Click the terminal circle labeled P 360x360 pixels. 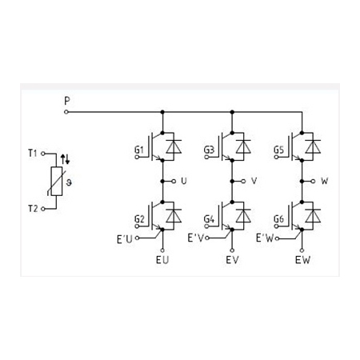click(x=66, y=112)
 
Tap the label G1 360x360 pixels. click(x=139, y=150)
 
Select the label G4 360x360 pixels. click(x=209, y=219)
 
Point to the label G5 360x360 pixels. click(x=278, y=150)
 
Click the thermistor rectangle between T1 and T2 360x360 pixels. click(x=57, y=182)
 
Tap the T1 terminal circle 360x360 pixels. click(x=42, y=154)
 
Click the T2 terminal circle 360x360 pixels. click(x=42, y=209)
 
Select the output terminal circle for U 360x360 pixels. click(x=174, y=182)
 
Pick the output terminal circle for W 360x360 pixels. click(x=314, y=182)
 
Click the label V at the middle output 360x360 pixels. click(x=254, y=181)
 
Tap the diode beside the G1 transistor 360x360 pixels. click(x=174, y=146)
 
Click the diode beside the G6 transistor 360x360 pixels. click(x=313, y=216)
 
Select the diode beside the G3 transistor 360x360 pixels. click(x=243, y=146)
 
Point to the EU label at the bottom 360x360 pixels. click(x=162, y=260)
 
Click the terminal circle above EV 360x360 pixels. click(x=232, y=250)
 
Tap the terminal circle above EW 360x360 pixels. click(x=302, y=250)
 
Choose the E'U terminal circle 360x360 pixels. click(x=137, y=238)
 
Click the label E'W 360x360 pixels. click(x=265, y=238)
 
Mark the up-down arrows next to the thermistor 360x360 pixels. click(x=65, y=159)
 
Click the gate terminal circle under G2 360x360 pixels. click(x=137, y=226)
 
